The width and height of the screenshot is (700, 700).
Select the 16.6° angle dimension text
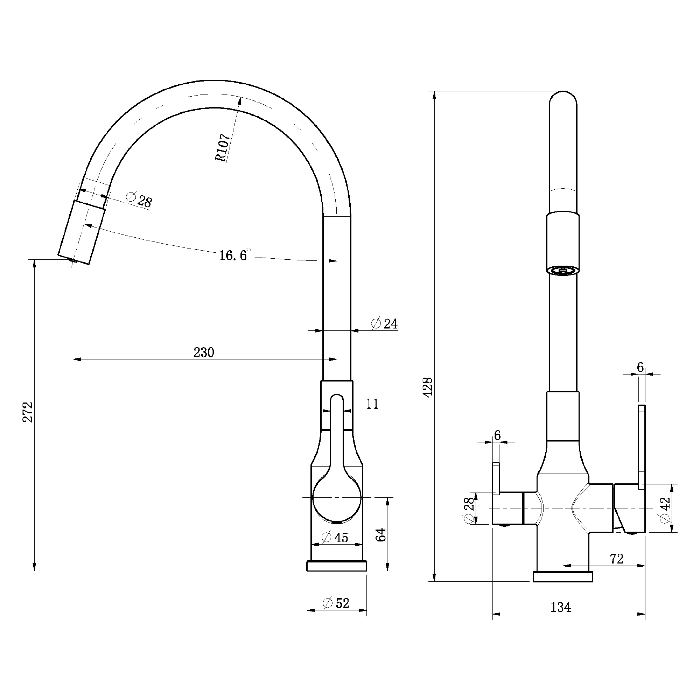click(235, 255)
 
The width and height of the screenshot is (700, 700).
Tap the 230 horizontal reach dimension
click(204, 352)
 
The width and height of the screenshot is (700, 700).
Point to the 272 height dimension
click(28, 412)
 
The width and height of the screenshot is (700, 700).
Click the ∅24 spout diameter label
click(384, 323)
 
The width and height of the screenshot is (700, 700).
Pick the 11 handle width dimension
click(372, 404)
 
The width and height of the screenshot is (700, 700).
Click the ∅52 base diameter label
click(336, 603)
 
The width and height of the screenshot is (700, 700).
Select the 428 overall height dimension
click(428, 387)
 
